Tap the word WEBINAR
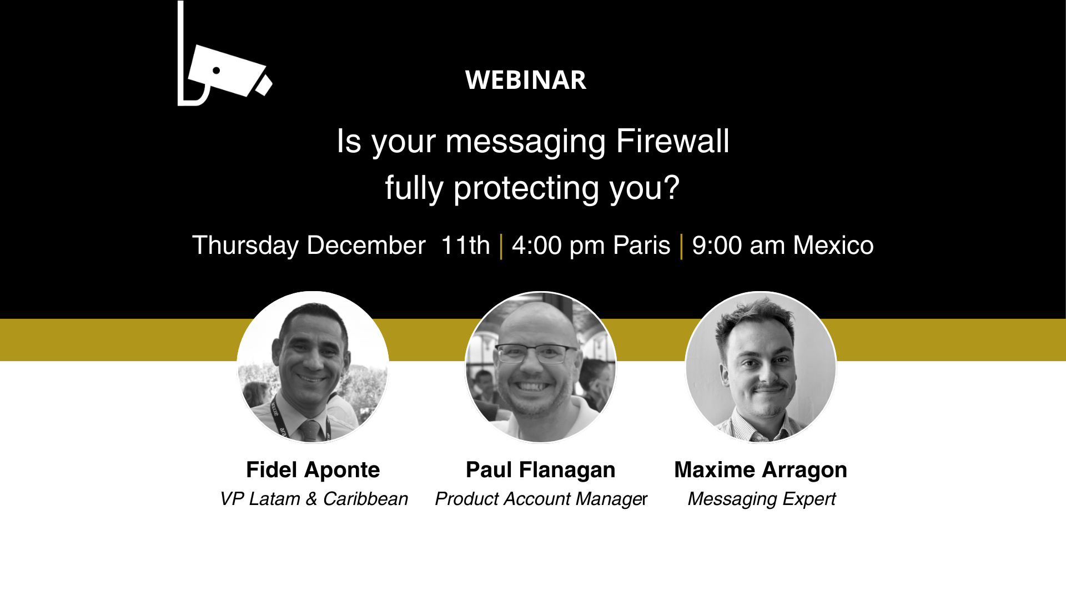tap(526, 80)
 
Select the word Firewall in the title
tap(672, 141)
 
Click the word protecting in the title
tap(526, 188)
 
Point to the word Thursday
tap(245, 246)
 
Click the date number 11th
tap(465, 245)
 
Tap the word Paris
tap(642, 245)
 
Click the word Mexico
tap(833, 245)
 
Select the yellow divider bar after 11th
tap(501, 246)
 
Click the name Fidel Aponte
tap(313, 470)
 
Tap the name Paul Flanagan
tap(541, 470)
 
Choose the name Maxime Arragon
tap(761, 470)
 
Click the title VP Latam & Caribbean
tap(314, 499)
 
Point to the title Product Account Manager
tap(541, 499)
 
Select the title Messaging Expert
tap(762, 499)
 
